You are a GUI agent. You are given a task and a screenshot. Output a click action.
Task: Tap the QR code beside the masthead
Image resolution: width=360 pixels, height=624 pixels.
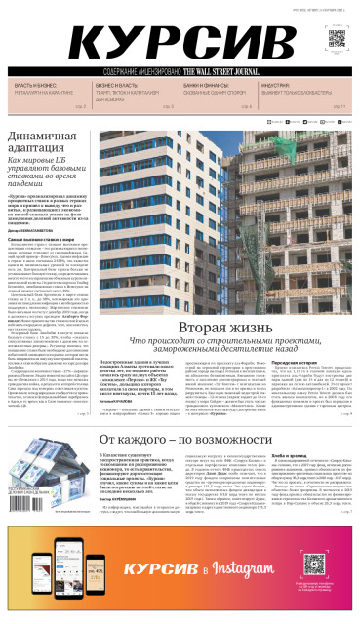point(334,41)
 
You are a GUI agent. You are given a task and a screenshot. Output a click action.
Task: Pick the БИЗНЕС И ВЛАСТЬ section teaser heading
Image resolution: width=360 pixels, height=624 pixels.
point(116,86)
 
